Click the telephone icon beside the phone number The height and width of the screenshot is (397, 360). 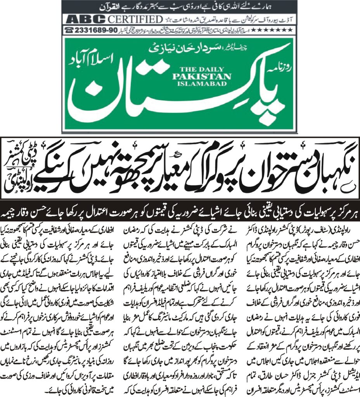pos(69,30)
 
